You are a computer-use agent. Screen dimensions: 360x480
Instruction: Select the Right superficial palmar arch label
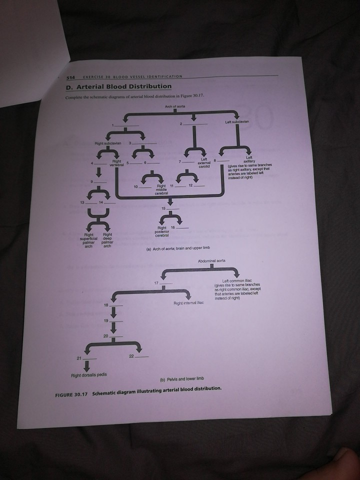90,242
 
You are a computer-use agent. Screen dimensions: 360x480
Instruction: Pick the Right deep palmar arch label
106,242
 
